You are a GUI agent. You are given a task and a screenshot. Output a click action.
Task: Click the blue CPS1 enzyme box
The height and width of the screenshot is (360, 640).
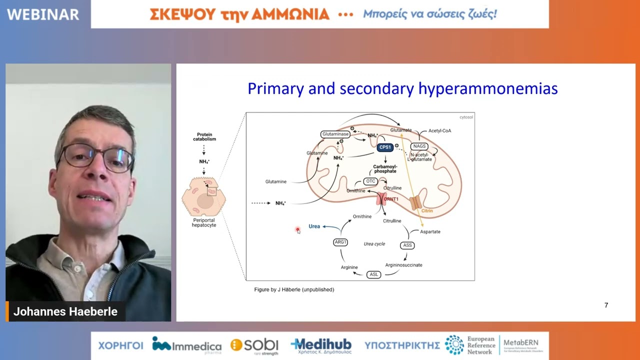(385, 147)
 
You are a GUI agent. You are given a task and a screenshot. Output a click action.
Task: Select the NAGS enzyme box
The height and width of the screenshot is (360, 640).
(419, 146)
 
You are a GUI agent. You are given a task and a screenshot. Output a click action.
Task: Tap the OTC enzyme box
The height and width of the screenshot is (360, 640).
(370, 181)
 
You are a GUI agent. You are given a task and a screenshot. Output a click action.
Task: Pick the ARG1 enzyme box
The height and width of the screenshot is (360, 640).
(340, 242)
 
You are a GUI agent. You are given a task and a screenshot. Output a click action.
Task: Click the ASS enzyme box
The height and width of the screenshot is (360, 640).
(407, 245)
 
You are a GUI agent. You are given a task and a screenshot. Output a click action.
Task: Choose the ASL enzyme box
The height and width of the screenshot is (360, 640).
(373, 274)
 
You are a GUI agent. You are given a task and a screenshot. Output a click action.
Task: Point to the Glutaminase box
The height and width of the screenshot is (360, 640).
(335, 134)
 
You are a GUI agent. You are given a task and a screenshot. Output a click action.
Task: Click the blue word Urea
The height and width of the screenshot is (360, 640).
(314, 226)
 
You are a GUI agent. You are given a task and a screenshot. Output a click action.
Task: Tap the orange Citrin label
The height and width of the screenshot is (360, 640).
(426, 211)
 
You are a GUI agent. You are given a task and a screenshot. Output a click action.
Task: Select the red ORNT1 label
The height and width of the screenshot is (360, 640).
(391, 199)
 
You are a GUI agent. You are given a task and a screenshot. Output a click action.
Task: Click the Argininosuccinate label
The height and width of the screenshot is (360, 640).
(403, 265)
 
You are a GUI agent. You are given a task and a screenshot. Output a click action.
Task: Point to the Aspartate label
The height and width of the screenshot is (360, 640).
(430, 232)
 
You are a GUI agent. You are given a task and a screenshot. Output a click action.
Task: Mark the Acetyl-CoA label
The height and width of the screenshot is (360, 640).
(439, 131)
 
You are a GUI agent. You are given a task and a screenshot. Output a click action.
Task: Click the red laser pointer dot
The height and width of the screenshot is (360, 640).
(297, 229)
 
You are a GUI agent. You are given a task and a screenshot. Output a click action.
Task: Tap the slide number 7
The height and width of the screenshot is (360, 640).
(606, 305)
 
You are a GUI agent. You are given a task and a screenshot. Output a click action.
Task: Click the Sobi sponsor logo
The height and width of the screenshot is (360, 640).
(254, 345)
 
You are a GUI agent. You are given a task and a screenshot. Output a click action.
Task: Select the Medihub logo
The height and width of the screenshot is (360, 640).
(321, 345)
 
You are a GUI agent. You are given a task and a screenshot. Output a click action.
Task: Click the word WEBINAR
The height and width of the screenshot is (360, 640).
(43, 14)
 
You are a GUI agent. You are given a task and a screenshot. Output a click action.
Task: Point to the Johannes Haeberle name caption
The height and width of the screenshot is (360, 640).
(65, 311)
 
